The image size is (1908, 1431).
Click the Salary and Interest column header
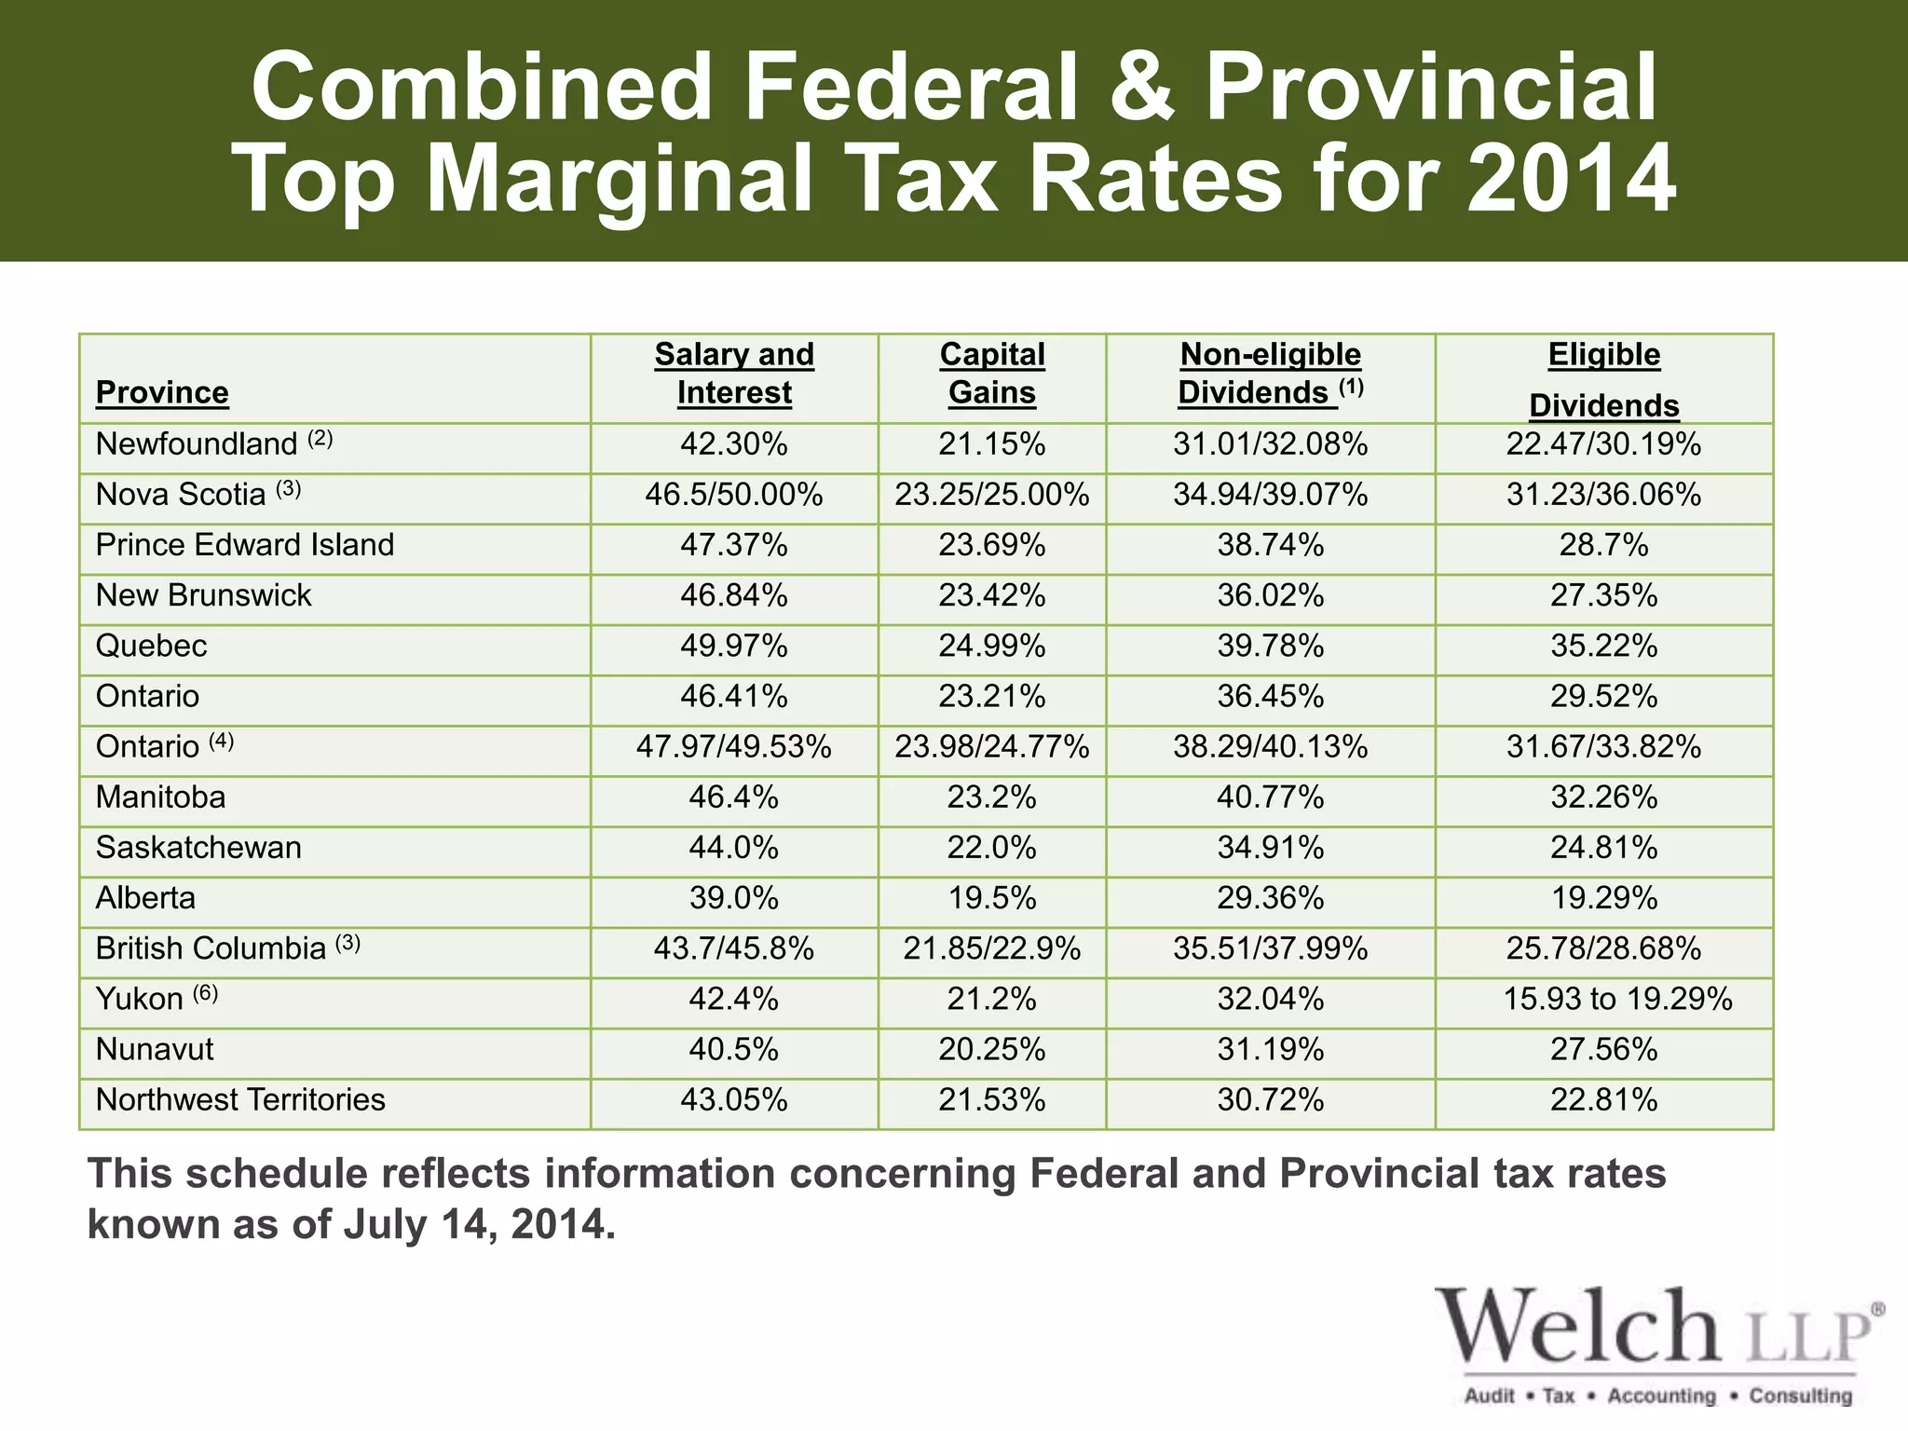pos(734,374)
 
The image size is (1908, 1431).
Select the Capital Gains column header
pos(992,374)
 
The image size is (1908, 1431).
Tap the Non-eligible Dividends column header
pos(1270,374)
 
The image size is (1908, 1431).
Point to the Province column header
pos(162,392)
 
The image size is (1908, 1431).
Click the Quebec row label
pos(151,646)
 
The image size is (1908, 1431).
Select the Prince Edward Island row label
pos(245,545)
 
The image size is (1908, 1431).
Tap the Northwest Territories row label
pos(240,1100)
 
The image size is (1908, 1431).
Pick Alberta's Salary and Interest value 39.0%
pos(734,898)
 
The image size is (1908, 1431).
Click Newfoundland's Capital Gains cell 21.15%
pos(992,444)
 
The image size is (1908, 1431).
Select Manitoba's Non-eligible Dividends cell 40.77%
pos(1270,797)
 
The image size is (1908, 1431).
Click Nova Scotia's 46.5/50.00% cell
pos(734,495)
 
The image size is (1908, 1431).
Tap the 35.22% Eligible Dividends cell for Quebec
pos(1603,646)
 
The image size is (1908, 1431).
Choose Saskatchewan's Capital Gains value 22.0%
pos(992,848)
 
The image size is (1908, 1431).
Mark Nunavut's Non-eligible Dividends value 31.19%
pos(1270,1050)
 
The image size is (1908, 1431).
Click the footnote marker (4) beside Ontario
pos(222,742)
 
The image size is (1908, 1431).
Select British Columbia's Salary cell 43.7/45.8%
pos(734,949)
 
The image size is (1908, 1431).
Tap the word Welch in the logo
pos(1576,1327)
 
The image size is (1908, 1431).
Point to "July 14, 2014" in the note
pos(479,1224)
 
